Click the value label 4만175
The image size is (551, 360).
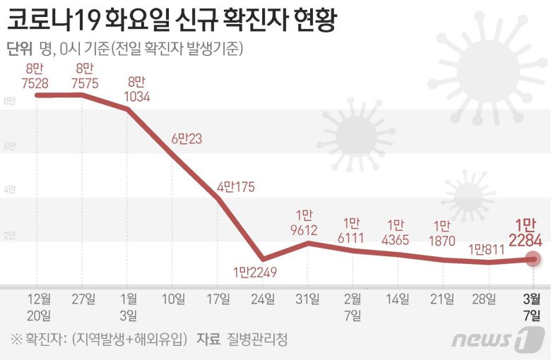[x=235, y=188]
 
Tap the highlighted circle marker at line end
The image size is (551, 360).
[x=533, y=259]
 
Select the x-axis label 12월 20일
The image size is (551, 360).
[x=38, y=306]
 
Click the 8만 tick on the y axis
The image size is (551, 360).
[x=10, y=102]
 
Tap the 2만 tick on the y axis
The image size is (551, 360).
[x=10, y=236]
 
